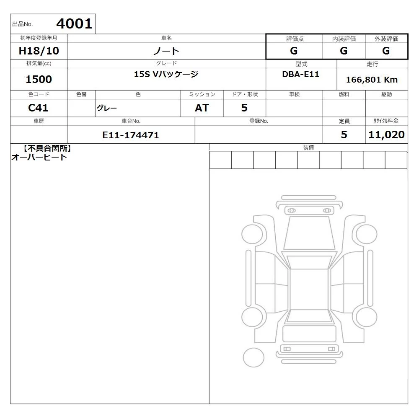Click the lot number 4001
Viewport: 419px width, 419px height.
[x=74, y=24]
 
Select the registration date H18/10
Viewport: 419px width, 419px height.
[x=39, y=51]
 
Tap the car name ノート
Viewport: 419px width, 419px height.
[x=166, y=51]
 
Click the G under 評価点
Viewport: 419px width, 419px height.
[x=294, y=51]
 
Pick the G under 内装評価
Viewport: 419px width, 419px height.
[x=344, y=51]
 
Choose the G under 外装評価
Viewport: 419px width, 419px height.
[x=386, y=51]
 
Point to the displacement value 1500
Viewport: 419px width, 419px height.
[x=39, y=79]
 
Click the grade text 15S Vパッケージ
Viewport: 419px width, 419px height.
[x=166, y=74]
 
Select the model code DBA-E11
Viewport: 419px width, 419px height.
[x=300, y=74]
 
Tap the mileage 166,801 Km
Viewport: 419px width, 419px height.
[x=372, y=80]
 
